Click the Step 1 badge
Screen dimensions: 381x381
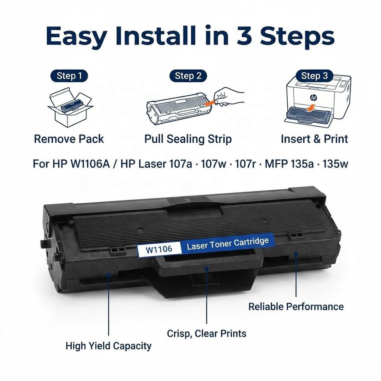pos(69,76)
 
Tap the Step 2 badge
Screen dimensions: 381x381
pos(188,76)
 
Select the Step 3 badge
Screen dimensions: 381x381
pos(314,76)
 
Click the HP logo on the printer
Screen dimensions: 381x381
pos(314,98)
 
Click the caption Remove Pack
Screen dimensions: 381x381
pos(69,139)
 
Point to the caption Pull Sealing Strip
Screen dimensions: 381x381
pos(188,139)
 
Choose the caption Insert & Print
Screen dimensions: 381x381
pos(314,139)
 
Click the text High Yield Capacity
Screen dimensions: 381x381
pos(108,346)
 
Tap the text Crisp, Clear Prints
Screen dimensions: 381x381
pos(206,333)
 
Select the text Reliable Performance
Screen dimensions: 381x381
pos(296,306)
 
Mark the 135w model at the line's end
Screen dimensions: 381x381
pos(335,164)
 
